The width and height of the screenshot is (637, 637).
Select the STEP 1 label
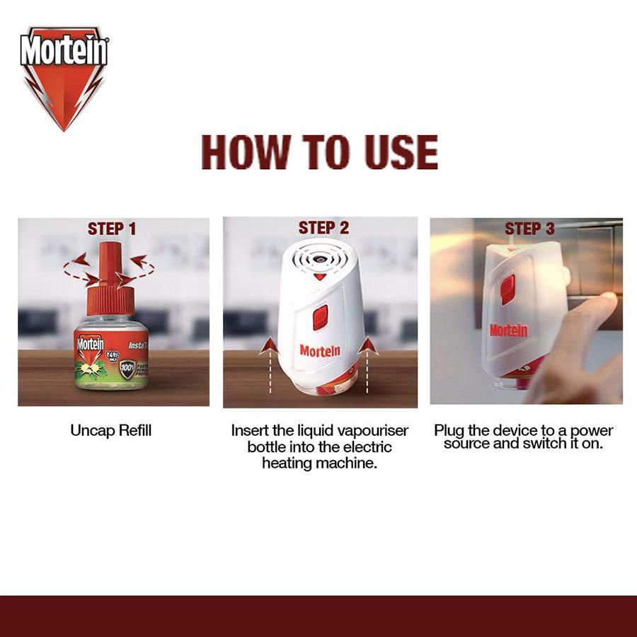coord(112,229)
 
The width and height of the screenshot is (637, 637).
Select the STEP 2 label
coord(323,228)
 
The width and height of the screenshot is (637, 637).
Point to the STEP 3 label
coord(529,229)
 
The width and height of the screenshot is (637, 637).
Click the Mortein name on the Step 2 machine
coord(319,350)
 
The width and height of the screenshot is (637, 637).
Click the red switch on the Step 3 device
coord(507,289)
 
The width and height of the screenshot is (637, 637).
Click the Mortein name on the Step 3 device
coord(508,331)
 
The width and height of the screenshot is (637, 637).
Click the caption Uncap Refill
coord(111,430)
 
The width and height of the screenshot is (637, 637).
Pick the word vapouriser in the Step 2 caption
coord(378,430)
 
